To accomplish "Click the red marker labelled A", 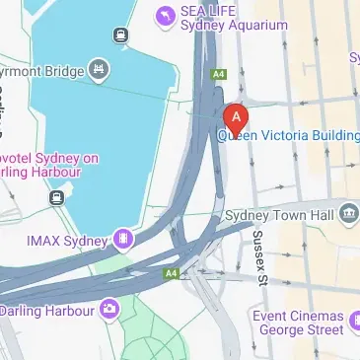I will pos(235,117).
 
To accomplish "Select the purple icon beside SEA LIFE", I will pos(164,15).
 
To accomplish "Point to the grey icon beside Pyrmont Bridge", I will pos(99,69).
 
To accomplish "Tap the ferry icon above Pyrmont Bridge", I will pos(120,36).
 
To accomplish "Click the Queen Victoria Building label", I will pos(288,137).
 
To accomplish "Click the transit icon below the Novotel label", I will pos(56,198).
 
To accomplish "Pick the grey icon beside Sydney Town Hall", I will pos(348,214).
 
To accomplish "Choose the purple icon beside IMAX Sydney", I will pos(122,238).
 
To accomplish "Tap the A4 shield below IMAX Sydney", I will pos(173,273).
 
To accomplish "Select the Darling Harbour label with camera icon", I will pos(46,311).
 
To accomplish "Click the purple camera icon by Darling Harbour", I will pos(109,311).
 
